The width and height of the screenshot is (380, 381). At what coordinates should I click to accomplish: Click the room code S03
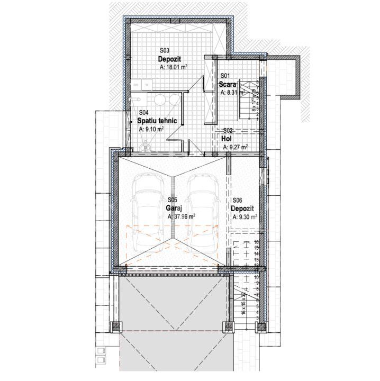(x=164, y=50)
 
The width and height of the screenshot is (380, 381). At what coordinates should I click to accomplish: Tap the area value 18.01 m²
(x=174, y=68)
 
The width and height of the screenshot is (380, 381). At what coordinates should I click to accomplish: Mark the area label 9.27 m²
(x=236, y=148)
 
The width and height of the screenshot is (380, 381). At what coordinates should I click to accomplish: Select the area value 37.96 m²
(x=182, y=216)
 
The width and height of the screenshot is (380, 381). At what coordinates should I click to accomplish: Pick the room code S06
(x=237, y=199)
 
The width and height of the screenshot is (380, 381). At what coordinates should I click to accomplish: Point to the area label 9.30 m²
(x=244, y=216)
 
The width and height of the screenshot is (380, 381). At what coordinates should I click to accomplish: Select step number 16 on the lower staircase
(x=256, y=242)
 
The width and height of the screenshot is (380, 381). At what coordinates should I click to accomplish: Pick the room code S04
(x=143, y=112)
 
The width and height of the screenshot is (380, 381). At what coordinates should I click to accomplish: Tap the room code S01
(x=225, y=76)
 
